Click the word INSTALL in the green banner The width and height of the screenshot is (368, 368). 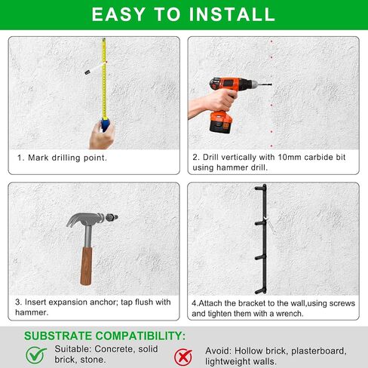click(232, 14)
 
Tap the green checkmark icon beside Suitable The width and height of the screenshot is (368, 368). click(36, 355)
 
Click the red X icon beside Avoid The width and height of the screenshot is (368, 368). click(183, 357)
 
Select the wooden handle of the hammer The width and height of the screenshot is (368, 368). click(86, 266)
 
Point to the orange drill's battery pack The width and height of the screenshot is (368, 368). click(220, 123)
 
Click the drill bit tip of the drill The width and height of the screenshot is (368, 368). click(271, 84)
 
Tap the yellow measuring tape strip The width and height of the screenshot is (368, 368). click(104, 78)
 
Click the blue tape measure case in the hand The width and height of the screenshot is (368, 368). click(106, 125)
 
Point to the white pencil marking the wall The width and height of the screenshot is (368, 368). click(95, 69)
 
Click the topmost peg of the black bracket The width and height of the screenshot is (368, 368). click(260, 188)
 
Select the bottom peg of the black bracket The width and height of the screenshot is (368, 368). click(260, 291)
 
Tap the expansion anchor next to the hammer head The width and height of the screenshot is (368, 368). click(112, 217)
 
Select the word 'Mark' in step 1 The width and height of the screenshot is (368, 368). click(38, 158)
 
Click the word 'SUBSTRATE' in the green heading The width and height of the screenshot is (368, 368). click(58, 336)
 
